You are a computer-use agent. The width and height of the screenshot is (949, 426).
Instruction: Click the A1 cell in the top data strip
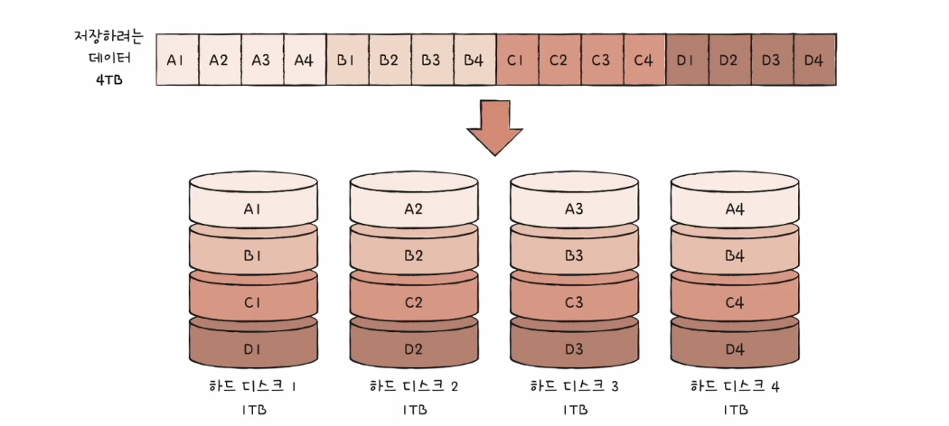176,60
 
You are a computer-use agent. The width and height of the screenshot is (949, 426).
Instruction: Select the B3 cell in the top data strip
431,60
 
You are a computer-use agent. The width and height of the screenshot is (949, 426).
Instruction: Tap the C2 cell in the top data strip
559,60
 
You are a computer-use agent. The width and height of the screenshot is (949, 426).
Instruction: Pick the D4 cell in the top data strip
813,60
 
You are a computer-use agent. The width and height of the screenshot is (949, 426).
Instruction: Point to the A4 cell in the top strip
304,60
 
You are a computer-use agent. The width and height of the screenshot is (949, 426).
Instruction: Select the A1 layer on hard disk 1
253,209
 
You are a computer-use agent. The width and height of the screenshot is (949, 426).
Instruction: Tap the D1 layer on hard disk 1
253,347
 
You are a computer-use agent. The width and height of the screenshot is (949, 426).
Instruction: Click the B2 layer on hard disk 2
414,255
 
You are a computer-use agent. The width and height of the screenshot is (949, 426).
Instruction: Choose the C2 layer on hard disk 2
414,302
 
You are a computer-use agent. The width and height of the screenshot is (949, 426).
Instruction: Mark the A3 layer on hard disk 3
574,209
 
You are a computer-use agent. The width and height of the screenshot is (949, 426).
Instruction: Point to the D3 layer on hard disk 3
574,347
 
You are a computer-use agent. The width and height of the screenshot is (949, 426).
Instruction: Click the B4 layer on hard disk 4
734,255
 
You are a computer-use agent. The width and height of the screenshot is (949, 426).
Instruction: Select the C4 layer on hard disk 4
734,302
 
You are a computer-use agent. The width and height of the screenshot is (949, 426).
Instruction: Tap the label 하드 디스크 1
253,386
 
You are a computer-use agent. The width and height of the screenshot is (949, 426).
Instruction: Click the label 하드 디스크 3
575,386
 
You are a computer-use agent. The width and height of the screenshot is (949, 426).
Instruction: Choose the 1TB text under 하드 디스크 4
735,409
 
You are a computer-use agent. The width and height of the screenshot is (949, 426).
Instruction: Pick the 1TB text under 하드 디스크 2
414,409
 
